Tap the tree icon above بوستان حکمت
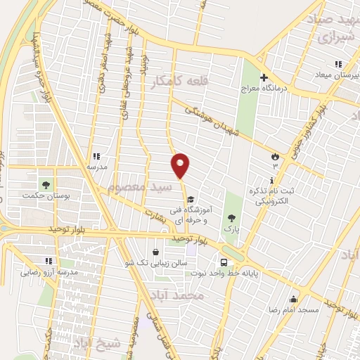click(46, 184)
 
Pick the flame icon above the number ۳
click(275, 155)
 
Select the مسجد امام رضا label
click(292, 309)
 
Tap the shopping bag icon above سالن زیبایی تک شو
click(155, 251)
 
